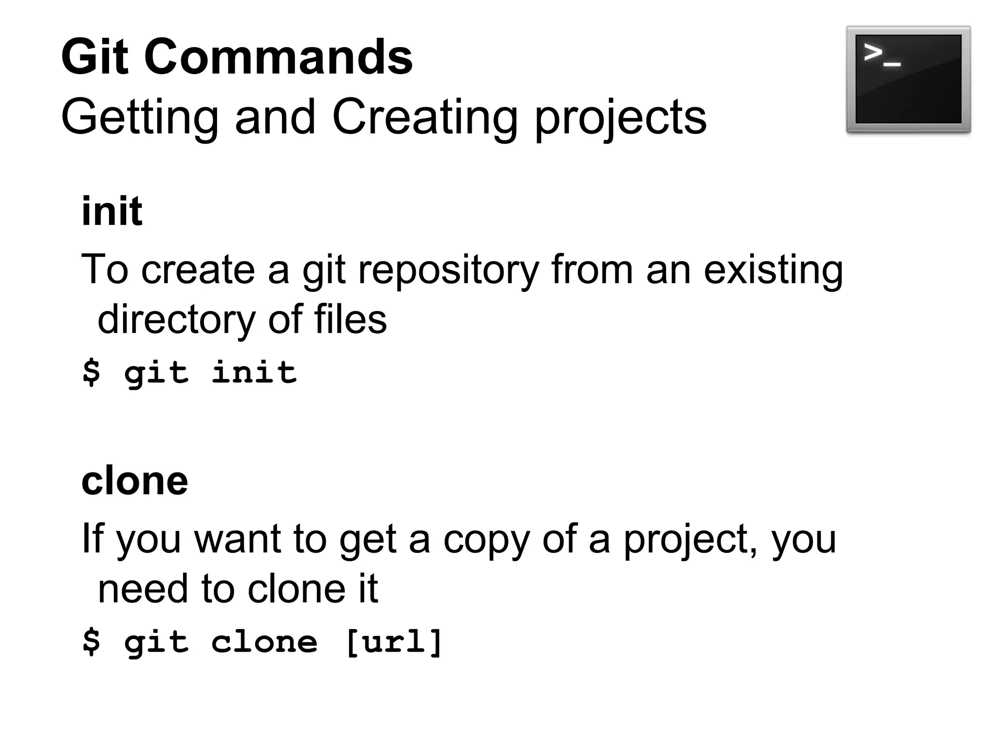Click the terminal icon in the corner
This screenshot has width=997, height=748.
[x=908, y=79]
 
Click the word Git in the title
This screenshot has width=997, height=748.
[x=95, y=57]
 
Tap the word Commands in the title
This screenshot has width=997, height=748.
[x=278, y=57]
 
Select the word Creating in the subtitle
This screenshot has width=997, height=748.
[x=425, y=117]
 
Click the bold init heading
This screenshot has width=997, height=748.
[x=112, y=211]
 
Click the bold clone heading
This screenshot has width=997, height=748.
[x=135, y=481]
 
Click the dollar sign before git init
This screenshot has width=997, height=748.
[x=92, y=373]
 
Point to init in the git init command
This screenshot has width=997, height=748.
[x=254, y=373]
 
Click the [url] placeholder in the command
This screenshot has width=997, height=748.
[x=393, y=642]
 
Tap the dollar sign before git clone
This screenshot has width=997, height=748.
[x=92, y=642]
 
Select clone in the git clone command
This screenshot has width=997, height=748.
[x=264, y=642]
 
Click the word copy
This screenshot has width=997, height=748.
[x=486, y=541]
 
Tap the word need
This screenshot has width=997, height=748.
[x=143, y=589]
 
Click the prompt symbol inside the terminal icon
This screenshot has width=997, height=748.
[x=881, y=55]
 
